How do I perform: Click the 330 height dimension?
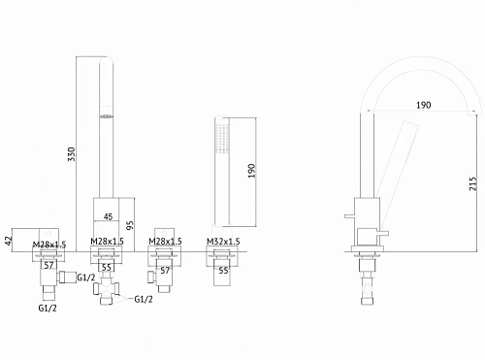pyautogui.click(x=72, y=154)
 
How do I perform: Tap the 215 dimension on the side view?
pyautogui.click(x=473, y=183)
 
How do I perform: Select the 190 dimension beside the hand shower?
pyautogui.click(x=251, y=171)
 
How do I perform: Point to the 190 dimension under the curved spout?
pyautogui.click(x=424, y=105)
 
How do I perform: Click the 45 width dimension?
pyautogui.click(x=108, y=216)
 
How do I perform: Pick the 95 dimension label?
pyautogui.click(x=130, y=225)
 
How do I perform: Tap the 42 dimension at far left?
pyautogui.click(x=9, y=241)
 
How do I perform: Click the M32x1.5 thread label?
pyautogui.click(x=223, y=242)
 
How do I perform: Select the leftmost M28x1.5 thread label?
pyautogui.click(x=49, y=245)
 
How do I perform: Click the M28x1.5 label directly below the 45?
pyautogui.click(x=107, y=242)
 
